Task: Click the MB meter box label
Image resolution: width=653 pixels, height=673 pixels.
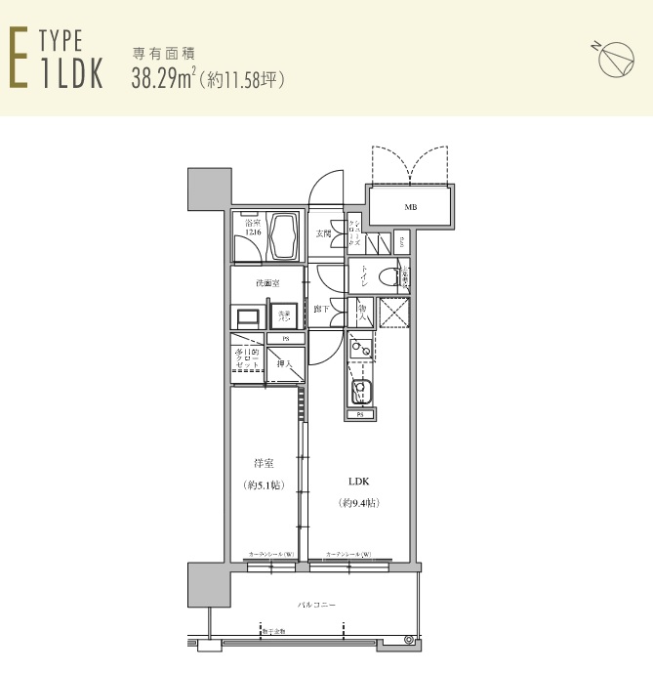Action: click(411, 206)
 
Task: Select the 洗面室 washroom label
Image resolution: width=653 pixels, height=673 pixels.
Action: click(267, 283)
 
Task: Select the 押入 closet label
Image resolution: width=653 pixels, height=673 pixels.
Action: click(283, 363)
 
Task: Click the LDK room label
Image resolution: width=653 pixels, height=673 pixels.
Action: click(359, 481)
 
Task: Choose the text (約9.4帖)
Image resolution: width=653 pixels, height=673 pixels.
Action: click(359, 503)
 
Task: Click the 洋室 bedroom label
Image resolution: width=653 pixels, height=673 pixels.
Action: click(263, 463)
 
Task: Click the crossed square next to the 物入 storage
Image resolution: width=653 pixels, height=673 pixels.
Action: click(393, 313)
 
